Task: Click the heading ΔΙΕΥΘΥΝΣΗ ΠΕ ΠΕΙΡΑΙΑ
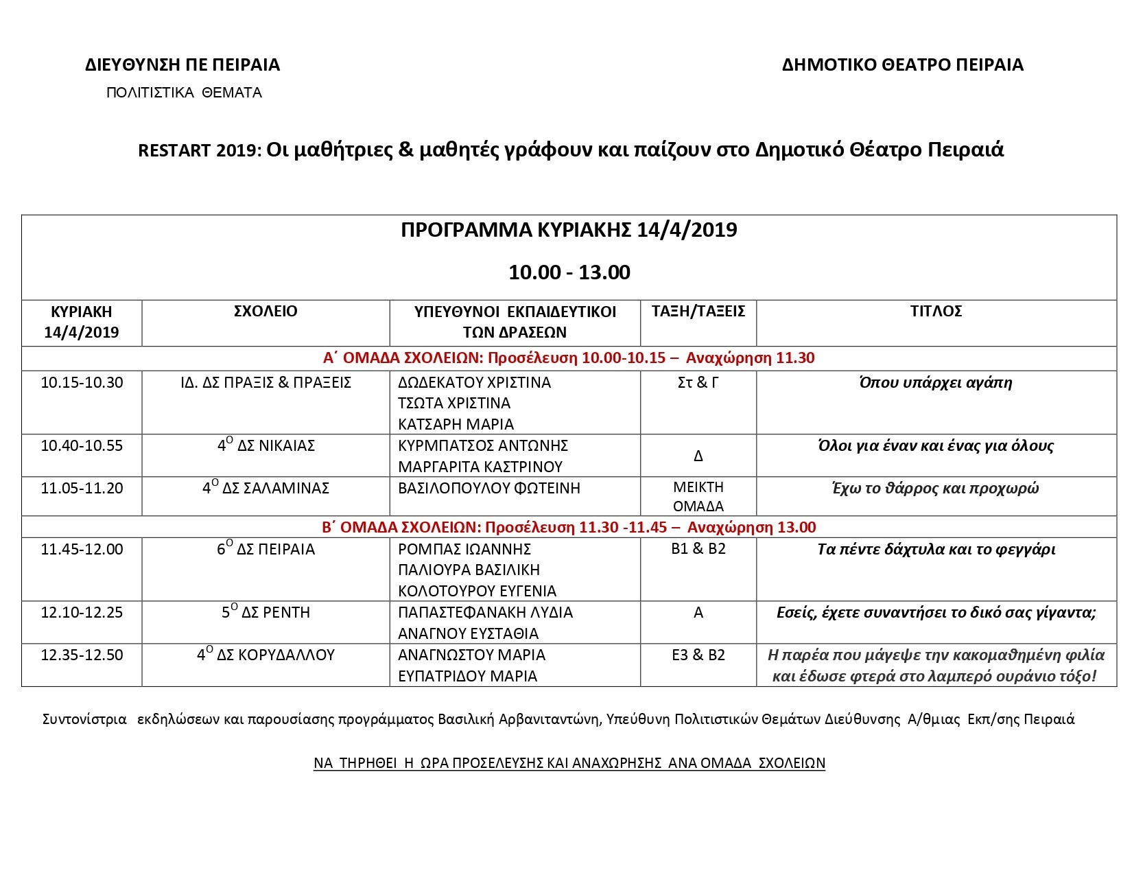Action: (x=182, y=65)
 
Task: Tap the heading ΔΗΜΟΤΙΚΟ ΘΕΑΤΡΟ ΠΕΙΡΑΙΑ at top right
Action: (x=902, y=65)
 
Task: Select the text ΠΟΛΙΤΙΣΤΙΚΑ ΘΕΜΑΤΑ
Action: (x=184, y=93)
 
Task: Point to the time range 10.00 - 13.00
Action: (x=569, y=272)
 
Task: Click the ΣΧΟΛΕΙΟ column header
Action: (x=266, y=312)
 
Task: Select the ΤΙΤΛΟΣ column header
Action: (x=936, y=312)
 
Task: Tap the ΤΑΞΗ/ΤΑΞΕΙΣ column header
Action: (x=698, y=312)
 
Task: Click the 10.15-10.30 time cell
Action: (x=82, y=383)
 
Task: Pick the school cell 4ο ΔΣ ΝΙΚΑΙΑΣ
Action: (x=266, y=446)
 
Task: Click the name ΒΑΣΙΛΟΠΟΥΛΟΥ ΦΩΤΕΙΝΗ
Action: (x=489, y=489)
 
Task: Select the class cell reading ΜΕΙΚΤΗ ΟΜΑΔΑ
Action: (x=698, y=497)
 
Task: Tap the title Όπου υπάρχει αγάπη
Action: (x=936, y=383)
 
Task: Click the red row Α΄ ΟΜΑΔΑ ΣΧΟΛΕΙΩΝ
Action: (x=569, y=358)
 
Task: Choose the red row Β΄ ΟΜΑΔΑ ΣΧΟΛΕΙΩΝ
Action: (x=569, y=528)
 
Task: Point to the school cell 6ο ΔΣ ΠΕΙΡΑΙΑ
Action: (x=266, y=550)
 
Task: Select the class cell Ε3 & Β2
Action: (x=698, y=655)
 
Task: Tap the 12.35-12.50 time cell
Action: (x=82, y=655)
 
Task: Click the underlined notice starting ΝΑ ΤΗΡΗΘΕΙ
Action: (x=569, y=763)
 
